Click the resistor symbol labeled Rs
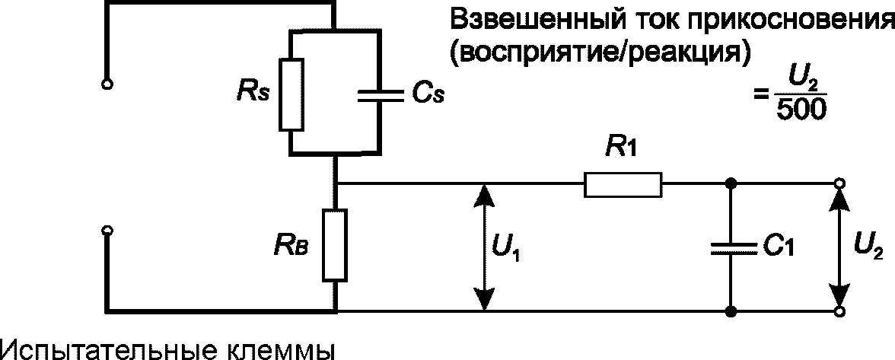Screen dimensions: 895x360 click(x=291, y=94)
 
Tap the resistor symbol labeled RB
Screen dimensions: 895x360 click(x=335, y=245)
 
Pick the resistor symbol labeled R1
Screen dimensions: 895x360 click(x=623, y=184)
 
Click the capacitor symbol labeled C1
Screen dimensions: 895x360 click(x=730, y=247)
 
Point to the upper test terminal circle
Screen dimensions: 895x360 click(x=107, y=84)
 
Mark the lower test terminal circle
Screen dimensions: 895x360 click(x=107, y=231)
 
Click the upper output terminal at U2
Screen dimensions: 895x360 click(x=839, y=183)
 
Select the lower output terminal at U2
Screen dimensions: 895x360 click(x=839, y=311)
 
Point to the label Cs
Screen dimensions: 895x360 click(x=426, y=94)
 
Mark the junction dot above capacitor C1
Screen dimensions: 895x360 click(x=730, y=183)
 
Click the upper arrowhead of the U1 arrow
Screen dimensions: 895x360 click(x=485, y=195)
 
